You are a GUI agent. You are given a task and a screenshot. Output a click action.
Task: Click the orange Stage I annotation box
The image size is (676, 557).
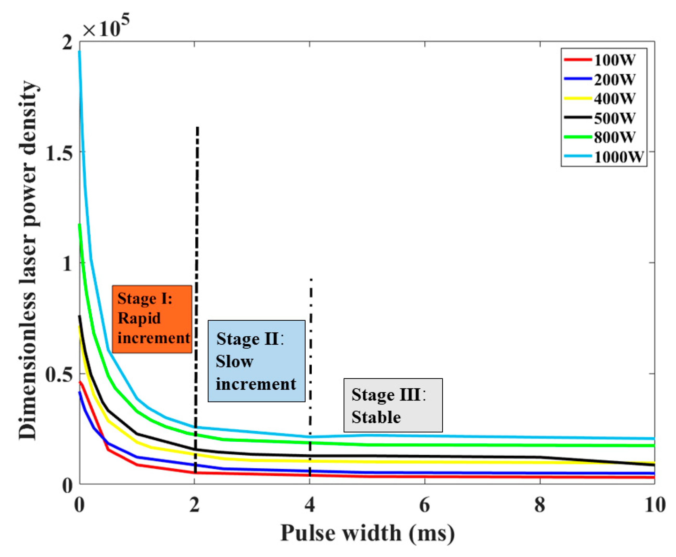152,319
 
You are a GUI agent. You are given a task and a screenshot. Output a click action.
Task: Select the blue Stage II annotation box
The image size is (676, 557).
256,361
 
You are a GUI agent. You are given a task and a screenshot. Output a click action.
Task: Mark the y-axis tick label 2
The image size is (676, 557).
67,43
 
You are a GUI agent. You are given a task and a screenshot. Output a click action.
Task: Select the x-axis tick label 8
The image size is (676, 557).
540,505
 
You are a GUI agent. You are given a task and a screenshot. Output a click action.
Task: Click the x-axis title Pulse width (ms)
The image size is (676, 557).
367,533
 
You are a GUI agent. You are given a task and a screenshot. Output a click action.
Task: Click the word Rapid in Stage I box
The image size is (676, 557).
139,318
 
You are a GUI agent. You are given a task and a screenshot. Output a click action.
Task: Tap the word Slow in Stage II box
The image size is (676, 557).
234,361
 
